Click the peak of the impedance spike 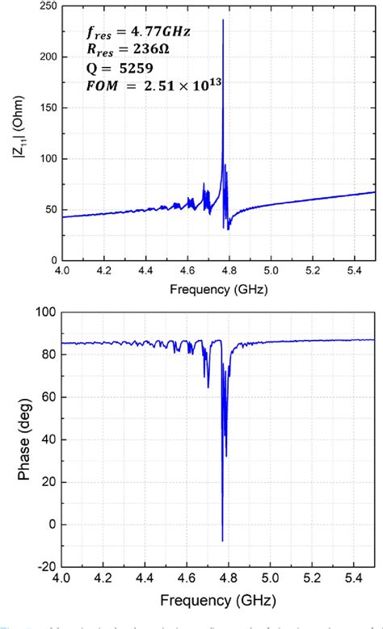(x=223, y=20)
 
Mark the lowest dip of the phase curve (x=222, y=540)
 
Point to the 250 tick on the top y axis (x=47, y=6)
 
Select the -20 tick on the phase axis (x=47, y=566)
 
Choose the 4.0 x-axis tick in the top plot (x=62, y=270)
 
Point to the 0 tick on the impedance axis (x=53, y=260)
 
